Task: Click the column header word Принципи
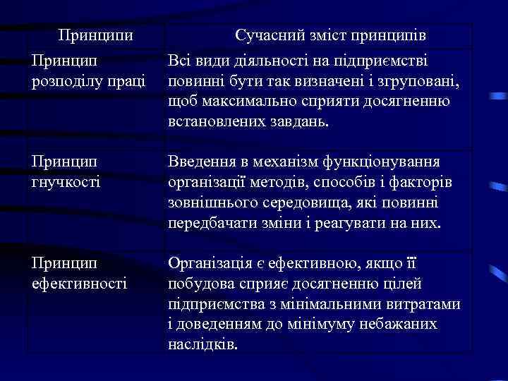[95, 35]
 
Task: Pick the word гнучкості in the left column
[65, 182]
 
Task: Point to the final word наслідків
[204, 344]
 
